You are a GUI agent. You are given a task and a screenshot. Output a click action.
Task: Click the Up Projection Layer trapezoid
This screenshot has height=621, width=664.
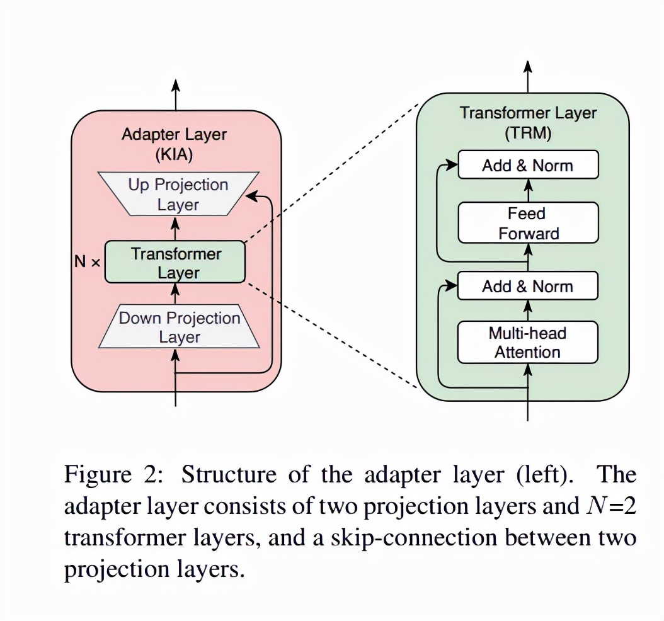178,194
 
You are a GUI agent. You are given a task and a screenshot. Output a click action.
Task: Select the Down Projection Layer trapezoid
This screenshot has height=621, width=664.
180,327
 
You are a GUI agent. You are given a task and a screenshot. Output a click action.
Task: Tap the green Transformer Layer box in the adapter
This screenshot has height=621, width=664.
175,263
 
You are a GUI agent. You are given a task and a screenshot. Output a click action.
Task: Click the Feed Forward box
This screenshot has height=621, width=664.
528,223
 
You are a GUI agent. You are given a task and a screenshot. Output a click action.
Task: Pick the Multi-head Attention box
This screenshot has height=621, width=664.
527,343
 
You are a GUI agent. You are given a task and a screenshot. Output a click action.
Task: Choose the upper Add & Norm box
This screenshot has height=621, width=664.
527,166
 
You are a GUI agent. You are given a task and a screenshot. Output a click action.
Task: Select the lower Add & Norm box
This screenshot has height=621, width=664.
527,287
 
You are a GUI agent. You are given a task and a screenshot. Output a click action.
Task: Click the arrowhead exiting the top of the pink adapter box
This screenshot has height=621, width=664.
176,84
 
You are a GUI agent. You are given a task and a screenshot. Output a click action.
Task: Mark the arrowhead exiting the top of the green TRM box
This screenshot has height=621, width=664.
528,67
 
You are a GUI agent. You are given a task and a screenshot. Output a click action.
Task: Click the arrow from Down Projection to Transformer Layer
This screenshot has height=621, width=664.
176,292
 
